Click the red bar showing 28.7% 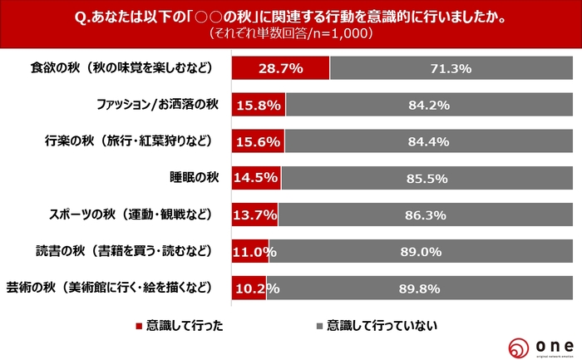(280, 68)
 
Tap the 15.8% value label (259, 105)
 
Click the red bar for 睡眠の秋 (256, 178)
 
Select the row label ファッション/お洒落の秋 (155, 105)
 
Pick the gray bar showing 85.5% (431, 178)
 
